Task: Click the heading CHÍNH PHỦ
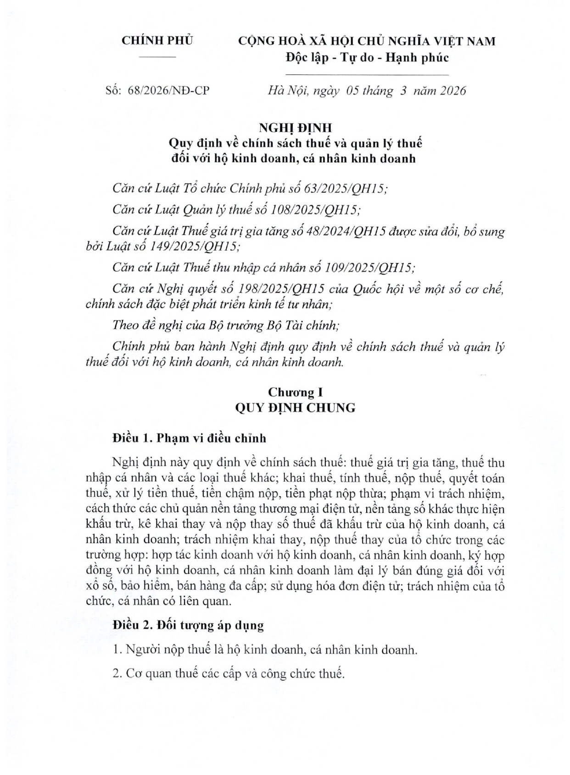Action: click(x=157, y=40)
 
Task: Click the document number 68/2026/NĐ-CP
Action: click(x=168, y=90)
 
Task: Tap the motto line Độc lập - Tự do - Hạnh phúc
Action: click(x=367, y=58)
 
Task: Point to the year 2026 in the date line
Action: click(x=453, y=90)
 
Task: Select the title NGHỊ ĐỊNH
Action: click(x=295, y=127)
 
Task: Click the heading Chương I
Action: click(x=295, y=392)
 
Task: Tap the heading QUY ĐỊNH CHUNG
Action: click(x=295, y=408)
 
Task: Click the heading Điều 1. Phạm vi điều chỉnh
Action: click(x=189, y=438)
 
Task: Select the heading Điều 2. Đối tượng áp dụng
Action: click(x=188, y=625)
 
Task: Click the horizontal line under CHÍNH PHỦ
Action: click(x=157, y=57)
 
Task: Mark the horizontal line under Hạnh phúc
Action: click(x=367, y=74)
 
